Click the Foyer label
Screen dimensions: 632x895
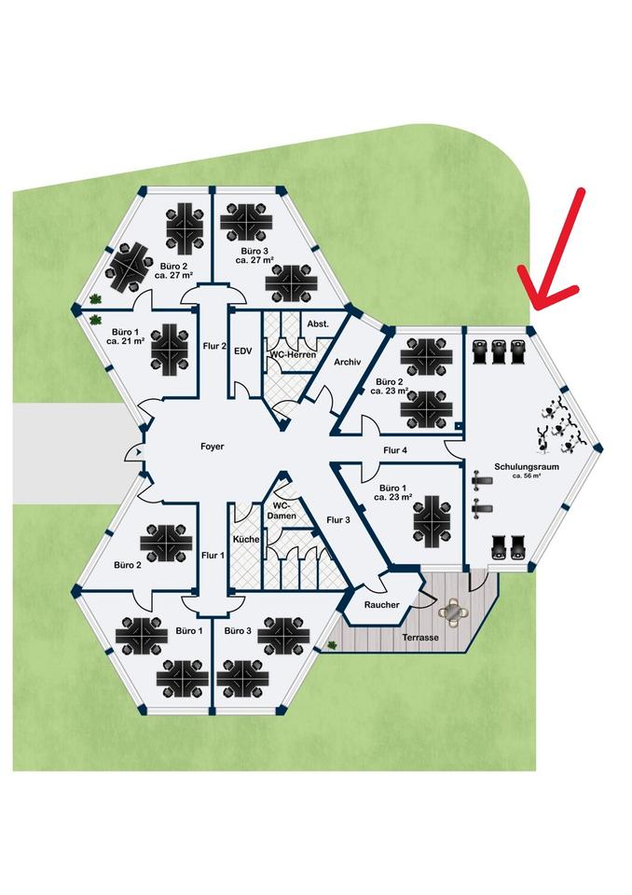coord(212,447)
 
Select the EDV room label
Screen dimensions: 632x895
coord(242,351)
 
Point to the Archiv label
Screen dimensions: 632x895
coord(346,362)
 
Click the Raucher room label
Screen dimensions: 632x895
coord(381,605)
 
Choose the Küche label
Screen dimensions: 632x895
coord(245,540)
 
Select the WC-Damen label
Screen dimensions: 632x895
coord(282,509)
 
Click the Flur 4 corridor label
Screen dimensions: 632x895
coord(395,451)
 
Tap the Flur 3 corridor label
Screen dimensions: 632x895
coord(338,520)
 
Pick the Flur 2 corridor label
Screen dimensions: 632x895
coord(214,347)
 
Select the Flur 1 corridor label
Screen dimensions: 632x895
coord(213,556)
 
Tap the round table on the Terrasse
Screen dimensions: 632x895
coord(454,612)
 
